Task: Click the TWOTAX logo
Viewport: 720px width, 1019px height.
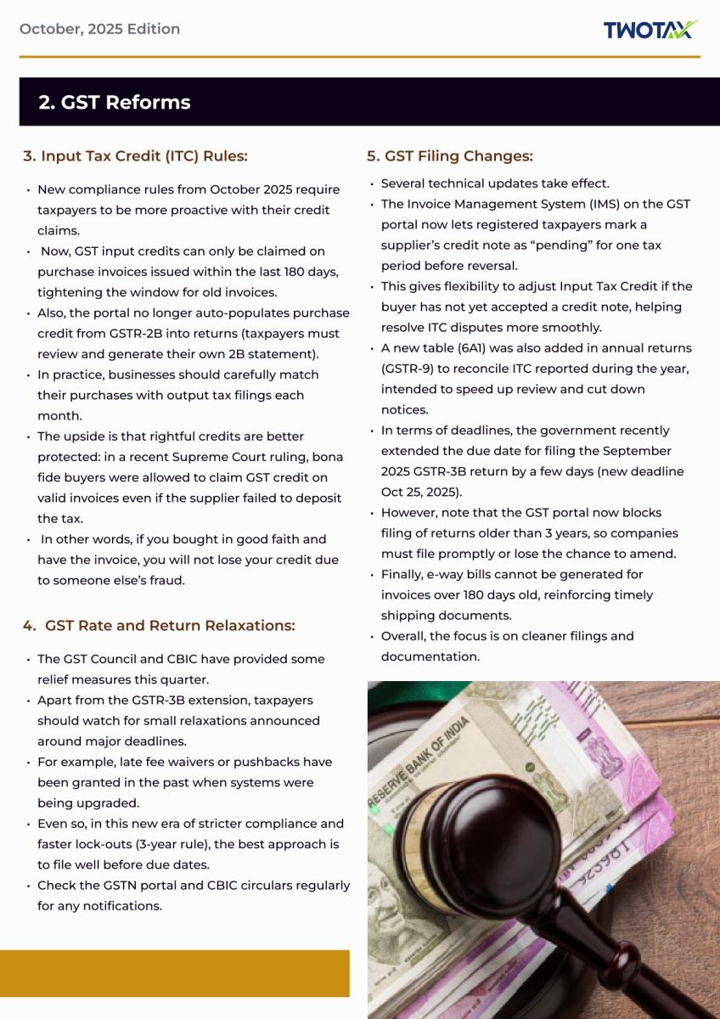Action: tap(650, 30)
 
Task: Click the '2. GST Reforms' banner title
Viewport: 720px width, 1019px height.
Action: tap(115, 103)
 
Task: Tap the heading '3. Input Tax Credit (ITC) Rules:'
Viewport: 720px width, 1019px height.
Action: tap(135, 156)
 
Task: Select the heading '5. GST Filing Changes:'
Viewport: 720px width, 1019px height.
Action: tap(450, 156)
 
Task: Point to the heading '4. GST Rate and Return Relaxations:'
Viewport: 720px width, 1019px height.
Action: tap(159, 626)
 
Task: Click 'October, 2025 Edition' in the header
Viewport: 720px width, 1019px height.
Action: tap(99, 29)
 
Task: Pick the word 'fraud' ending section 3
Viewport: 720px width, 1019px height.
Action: tap(166, 580)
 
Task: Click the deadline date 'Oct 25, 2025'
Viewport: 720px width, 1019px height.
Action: tap(421, 492)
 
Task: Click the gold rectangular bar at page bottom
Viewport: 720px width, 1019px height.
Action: tap(174, 973)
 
